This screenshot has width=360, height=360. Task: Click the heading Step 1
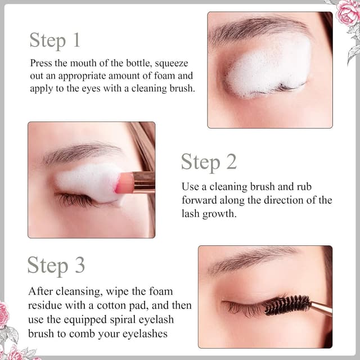(x=55, y=40)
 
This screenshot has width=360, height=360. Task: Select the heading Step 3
(x=56, y=265)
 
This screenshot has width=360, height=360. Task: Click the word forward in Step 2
(x=198, y=200)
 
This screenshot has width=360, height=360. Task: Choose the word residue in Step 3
(x=46, y=306)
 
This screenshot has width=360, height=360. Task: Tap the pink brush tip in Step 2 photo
(x=125, y=183)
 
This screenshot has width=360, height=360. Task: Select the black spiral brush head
(x=287, y=305)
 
